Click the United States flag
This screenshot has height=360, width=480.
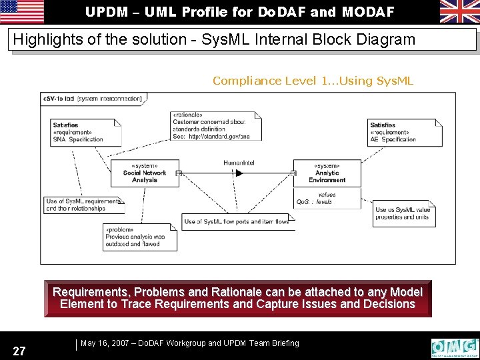22,11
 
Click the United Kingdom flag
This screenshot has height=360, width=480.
459,11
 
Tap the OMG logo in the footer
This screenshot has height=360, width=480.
455,347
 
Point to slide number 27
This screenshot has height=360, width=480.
19,351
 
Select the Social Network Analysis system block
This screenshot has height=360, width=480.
145,173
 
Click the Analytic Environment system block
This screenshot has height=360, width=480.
327,173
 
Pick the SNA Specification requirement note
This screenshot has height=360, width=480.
85,133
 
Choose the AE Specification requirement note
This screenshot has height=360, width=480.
405,133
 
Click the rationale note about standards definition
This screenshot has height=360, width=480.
215,125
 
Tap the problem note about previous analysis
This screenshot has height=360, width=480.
140,237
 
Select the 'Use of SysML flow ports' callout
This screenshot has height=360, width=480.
237,221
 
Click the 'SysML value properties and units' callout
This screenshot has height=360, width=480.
403,213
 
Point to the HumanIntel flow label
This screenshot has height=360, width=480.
239,163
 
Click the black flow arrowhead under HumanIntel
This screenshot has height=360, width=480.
239,173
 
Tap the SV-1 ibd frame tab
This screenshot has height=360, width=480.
92,99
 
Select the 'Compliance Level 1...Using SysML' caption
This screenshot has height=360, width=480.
313,81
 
